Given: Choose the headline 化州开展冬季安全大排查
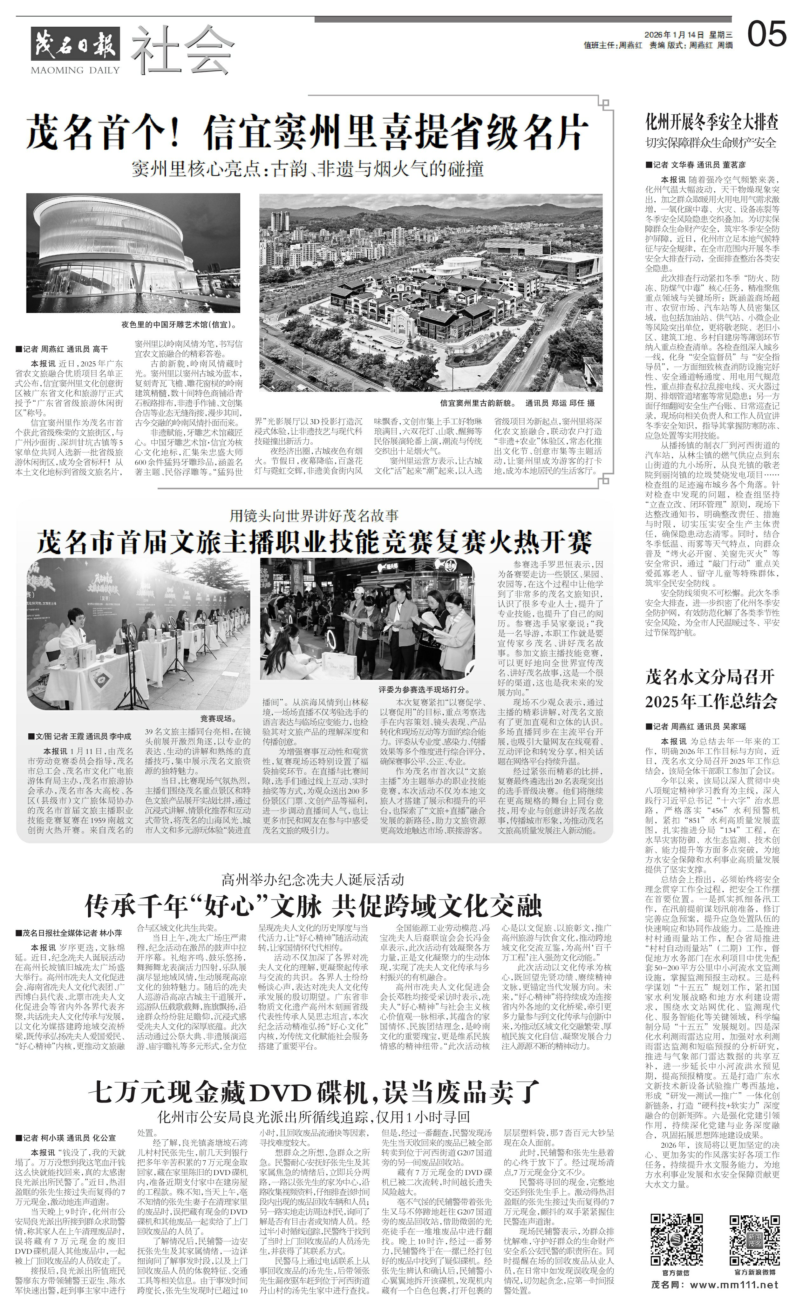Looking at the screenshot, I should [x=711, y=123].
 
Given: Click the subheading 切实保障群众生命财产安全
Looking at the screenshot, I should [x=711, y=143].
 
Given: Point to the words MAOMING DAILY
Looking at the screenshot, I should [x=76, y=70].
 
